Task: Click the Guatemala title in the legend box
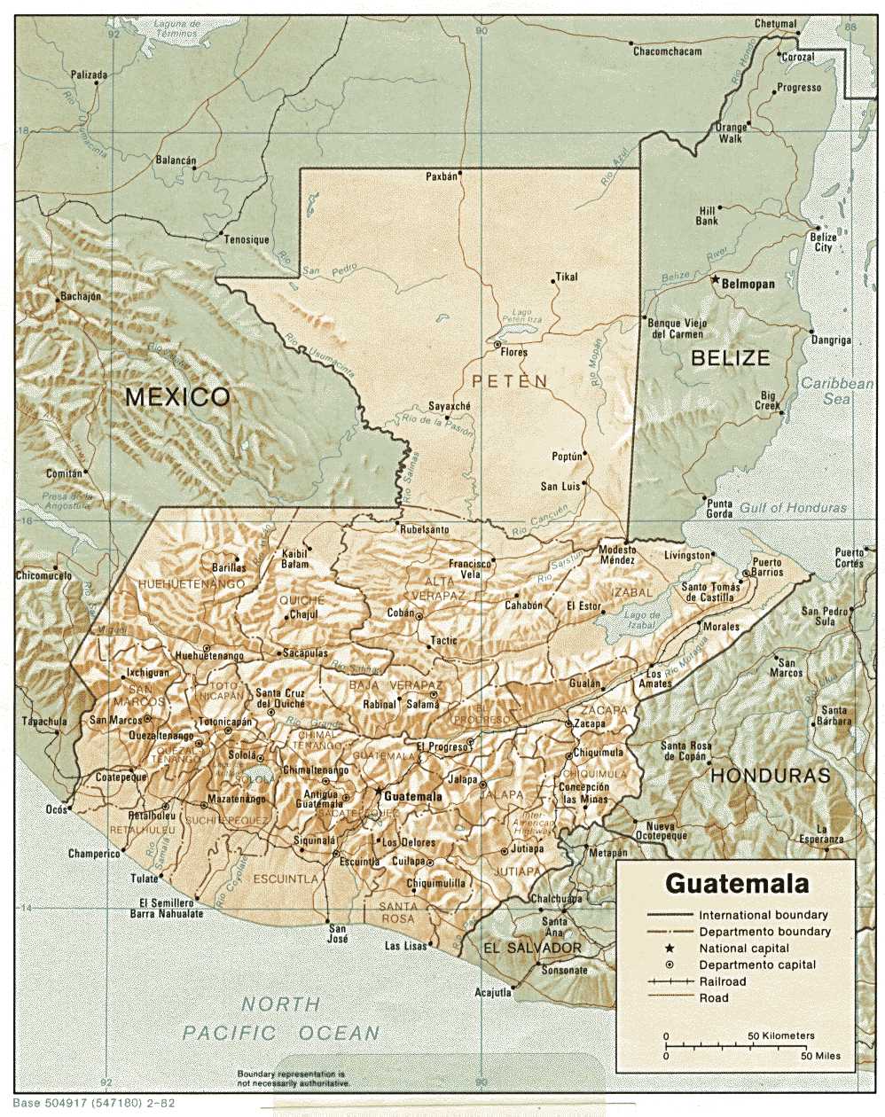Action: pos(736,884)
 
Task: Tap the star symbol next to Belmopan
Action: pos(715,279)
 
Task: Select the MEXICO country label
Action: pos(177,396)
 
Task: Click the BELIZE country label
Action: pos(730,358)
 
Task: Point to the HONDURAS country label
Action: pos(771,775)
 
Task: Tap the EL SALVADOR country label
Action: pos(532,949)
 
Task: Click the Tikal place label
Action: pos(566,277)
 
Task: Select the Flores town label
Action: pos(513,352)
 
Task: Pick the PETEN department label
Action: pos(510,381)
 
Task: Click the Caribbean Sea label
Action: pos(836,391)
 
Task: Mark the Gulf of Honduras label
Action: pos(794,508)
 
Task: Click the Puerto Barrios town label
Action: pos(767,567)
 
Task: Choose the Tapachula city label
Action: pos(44,722)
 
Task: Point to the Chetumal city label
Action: pos(775,24)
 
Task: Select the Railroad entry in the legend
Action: pos(722,981)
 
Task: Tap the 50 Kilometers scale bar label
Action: pos(780,1035)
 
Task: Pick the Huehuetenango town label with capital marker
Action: pos(209,656)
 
